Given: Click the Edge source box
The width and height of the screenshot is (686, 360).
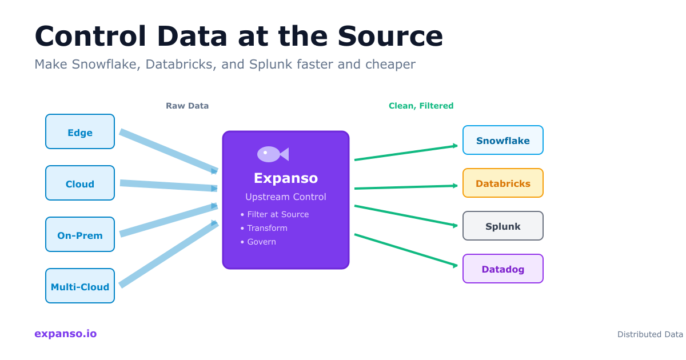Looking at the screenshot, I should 80,131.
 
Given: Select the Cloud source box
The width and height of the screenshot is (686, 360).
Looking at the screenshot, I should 80,183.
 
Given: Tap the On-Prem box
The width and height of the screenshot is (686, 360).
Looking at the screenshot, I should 80,234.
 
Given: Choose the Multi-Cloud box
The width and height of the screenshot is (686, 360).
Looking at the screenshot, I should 80,286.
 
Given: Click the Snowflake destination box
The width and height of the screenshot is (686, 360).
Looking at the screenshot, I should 502,140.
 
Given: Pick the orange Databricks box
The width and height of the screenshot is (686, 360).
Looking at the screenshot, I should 502,183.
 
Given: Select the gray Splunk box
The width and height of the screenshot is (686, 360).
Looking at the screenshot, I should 502,226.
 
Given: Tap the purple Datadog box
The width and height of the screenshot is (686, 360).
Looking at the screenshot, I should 502,269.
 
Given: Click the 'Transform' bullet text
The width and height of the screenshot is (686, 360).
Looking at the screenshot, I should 267,228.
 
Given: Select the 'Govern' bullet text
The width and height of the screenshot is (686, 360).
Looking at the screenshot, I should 261,242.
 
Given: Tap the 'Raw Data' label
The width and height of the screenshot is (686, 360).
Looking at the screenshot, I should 187,106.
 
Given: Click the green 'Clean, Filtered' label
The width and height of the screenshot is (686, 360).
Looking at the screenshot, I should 421,106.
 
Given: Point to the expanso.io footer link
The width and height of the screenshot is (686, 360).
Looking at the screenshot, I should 65,334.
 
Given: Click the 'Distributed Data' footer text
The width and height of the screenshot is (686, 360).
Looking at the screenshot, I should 650,334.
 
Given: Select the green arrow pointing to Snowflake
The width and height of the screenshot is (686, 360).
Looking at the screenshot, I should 406,153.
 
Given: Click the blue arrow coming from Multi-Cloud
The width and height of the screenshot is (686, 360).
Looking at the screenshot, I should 169,253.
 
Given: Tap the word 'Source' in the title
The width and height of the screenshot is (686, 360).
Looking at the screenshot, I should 390,36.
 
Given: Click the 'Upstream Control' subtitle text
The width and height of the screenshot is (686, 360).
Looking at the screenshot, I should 285,197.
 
